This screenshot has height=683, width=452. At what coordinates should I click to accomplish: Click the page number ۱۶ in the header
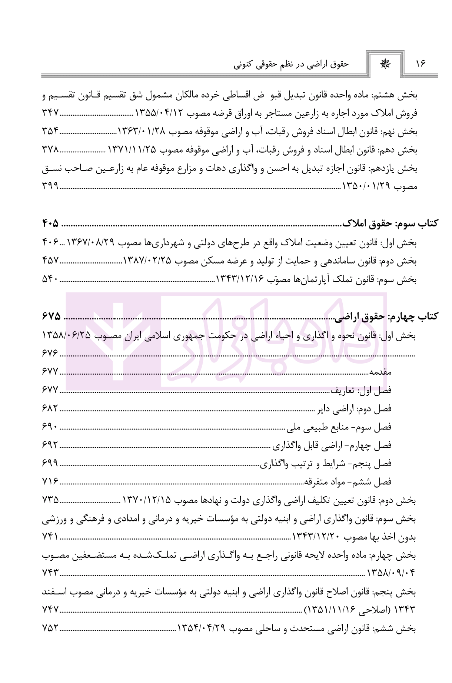421,64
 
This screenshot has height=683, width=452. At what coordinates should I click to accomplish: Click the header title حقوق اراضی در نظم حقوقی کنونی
292,64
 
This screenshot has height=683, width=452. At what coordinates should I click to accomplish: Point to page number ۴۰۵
50,224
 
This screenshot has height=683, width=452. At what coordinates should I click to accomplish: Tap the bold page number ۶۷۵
51,316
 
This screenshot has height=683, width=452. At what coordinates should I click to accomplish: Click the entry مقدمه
380,371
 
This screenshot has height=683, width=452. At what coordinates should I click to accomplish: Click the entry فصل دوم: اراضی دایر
355,408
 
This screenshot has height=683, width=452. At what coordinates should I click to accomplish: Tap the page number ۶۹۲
50,445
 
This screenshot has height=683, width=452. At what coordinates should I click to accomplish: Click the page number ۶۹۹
50,463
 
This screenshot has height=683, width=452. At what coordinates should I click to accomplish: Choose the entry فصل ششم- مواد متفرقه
348,482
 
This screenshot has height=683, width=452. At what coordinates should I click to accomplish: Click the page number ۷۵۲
50,629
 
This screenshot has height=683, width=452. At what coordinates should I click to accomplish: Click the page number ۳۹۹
50,186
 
